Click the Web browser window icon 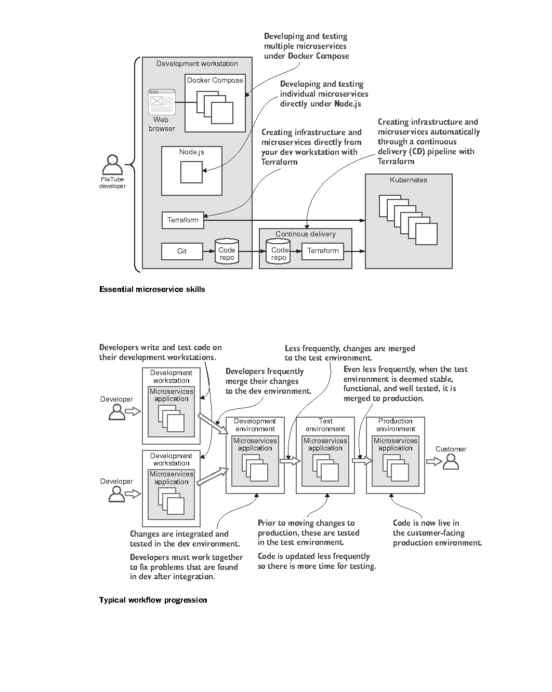pos(162,102)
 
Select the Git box pos(182,251)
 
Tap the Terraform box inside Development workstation pos(183,220)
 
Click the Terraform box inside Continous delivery pos(323,251)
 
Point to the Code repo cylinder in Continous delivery pos(278,251)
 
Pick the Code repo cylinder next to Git pos(227,251)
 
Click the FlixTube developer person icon pos(112,165)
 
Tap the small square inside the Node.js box pos(191,172)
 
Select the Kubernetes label pos(408,180)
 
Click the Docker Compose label pos(215,81)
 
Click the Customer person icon pos(451,462)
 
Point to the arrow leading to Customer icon pos(434,462)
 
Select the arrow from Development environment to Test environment pos(290,461)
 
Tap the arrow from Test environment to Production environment pos(362,461)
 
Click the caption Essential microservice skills pos(152,289)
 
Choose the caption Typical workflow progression pos(153,600)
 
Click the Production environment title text pos(396,425)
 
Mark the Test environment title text pos(325,425)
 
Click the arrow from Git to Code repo pos(209,251)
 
